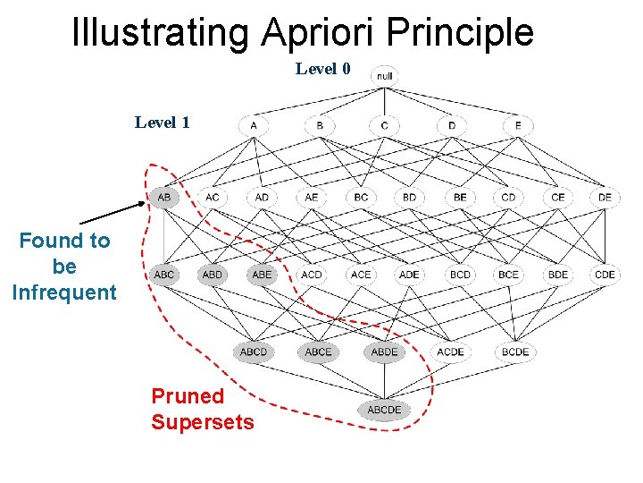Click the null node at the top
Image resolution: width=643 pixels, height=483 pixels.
(x=384, y=75)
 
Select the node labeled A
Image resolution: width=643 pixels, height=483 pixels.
(x=254, y=125)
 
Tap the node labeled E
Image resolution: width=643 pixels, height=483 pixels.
(x=518, y=125)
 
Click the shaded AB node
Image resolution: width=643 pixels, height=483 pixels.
(x=165, y=197)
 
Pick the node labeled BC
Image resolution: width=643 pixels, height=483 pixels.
(x=361, y=197)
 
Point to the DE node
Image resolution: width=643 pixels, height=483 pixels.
(x=605, y=197)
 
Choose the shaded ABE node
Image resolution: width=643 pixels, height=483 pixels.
(x=262, y=275)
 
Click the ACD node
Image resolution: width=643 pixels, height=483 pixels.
(x=312, y=275)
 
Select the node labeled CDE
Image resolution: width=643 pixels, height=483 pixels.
(x=605, y=275)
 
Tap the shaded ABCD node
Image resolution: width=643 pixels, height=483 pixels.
(x=254, y=352)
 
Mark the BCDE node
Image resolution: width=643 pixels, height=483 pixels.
(x=515, y=352)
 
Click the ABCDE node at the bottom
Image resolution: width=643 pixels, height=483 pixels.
(x=384, y=411)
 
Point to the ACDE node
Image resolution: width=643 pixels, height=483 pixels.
(x=450, y=352)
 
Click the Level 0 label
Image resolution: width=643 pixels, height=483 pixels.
(x=323, y=69)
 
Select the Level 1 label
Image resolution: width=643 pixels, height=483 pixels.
(x=162, y=123)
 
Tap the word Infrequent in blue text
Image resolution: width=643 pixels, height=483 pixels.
(x=64, y=292)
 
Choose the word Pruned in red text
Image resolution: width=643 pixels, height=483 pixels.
(x=188, y=396)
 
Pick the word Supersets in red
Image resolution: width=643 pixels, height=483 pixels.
(x=203, y=422)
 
